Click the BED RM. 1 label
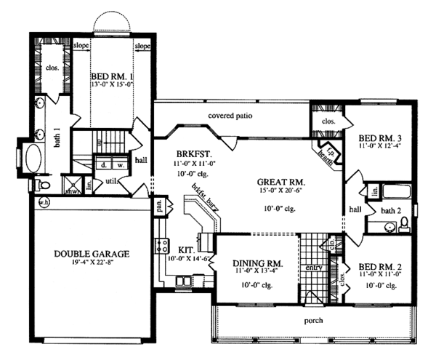(113, 76)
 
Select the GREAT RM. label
(280, 182)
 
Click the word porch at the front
(314, 320)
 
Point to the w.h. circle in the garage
(44, 202)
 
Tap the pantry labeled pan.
(157, 206)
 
